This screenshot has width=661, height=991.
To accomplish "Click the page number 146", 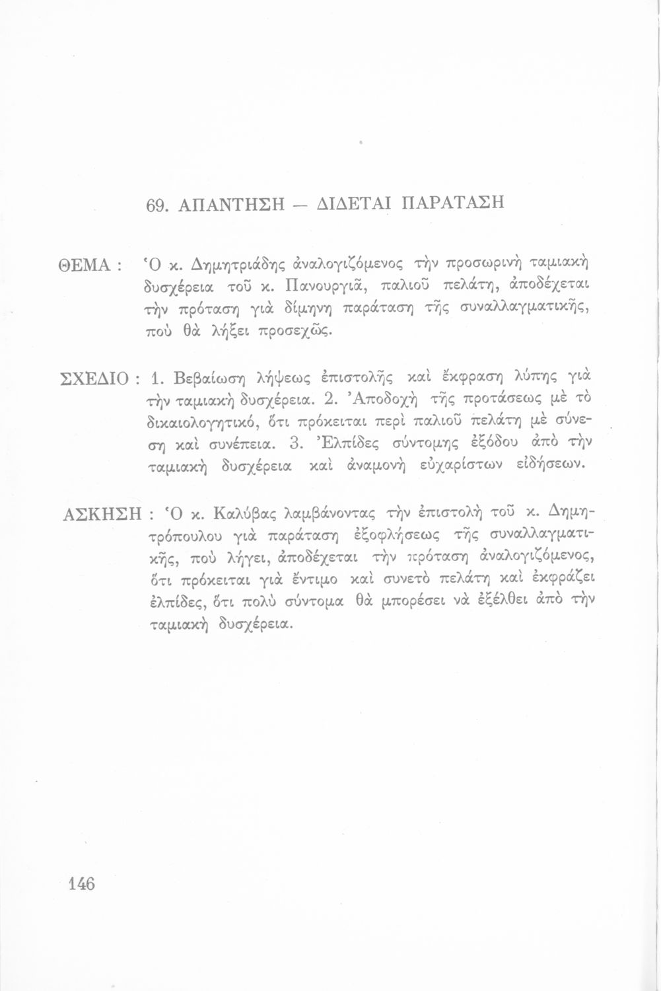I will (x=82, y=883).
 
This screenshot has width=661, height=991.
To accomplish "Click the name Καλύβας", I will (x=246, y=513).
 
